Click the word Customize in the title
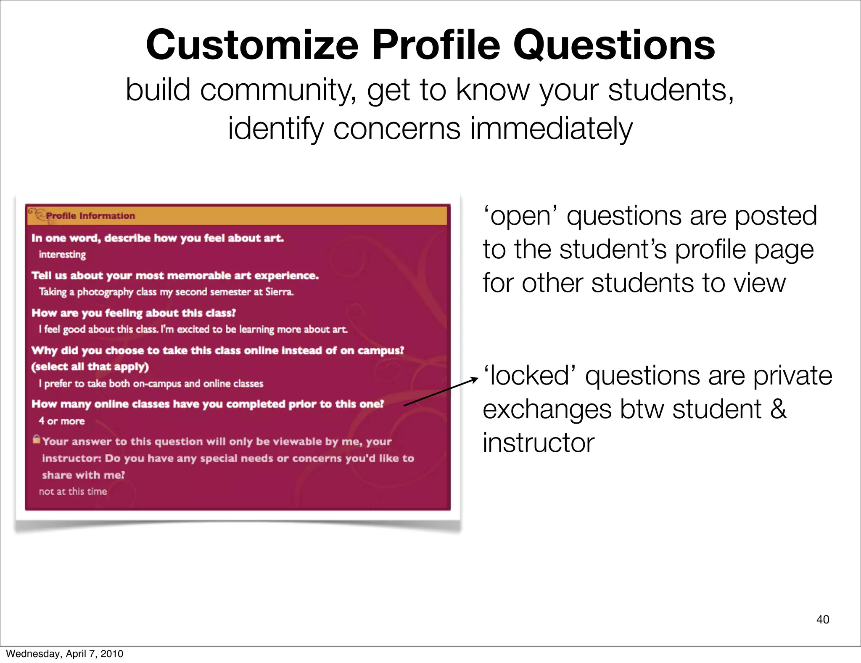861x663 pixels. [x=252, y=45]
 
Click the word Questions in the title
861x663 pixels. [x=614, y=45]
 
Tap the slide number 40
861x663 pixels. [x=823, y=619]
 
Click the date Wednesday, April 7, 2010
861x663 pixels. [x=64, y=653]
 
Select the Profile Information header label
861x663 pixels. [x=90, y=216]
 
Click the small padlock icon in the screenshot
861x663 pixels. [x=37, y=439]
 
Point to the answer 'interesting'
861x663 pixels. [x=62, y=255]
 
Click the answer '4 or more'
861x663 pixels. [x=62, y=421]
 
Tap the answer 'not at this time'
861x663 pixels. [x=73, y=491]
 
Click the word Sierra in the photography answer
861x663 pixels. [x=279, y=292]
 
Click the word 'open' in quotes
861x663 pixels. [x=520, y=216]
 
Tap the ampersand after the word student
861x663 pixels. [x=778, y=409]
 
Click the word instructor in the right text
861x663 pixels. [x=539, y=443]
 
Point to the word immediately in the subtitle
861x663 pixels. [x=551, y=128]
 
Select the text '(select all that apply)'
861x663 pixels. [x=90, y=367]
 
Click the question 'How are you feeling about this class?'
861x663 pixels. [x=134, y=313]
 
